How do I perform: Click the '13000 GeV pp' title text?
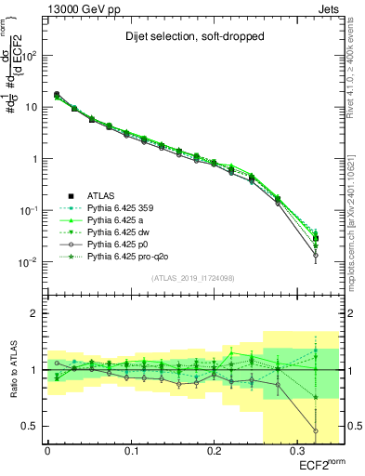click(x=82, y=8)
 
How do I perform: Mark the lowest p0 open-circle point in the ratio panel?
click(x=316, y=430)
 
